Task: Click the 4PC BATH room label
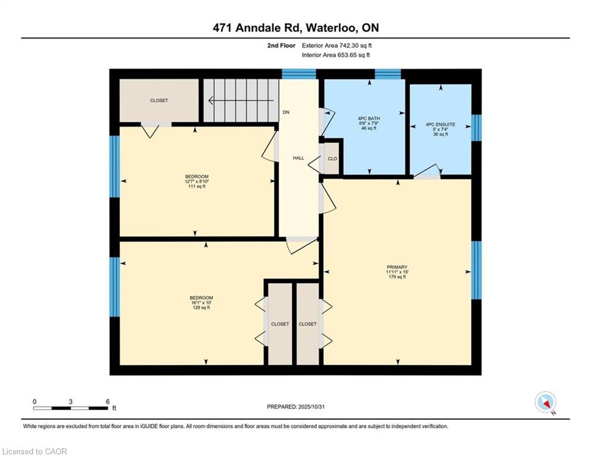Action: click(x=369, y=118)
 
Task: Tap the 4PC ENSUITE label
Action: click(x=440, y=124)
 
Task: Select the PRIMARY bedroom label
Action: click(x=397, y=267)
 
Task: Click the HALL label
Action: click(x=299, y=159)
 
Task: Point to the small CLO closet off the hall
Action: click(x=333, y=159)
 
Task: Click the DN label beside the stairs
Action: click(x=286, y=112)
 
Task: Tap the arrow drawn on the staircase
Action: click(x=241, y=100)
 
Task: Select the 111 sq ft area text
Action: click(x=197, y=186)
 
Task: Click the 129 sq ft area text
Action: click(x=201, y=308)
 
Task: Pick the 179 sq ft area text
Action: click(x=397, y=277)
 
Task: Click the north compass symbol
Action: click(x=545, y=402)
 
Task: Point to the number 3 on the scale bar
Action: click(x=71, y=402)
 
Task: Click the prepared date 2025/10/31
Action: click(x=311, y=407)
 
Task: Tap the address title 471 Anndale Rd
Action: click(x=257, y=28)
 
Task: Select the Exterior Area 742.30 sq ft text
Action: click(x=337, y=46)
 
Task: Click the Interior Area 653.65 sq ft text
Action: click(x=336, y=55)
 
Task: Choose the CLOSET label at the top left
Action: click(x=159, y=100)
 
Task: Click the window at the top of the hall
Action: click(x=299, y=74)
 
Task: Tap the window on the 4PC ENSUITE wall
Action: click(x=476, y=128)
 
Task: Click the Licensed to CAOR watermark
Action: click(x=34, y=451)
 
